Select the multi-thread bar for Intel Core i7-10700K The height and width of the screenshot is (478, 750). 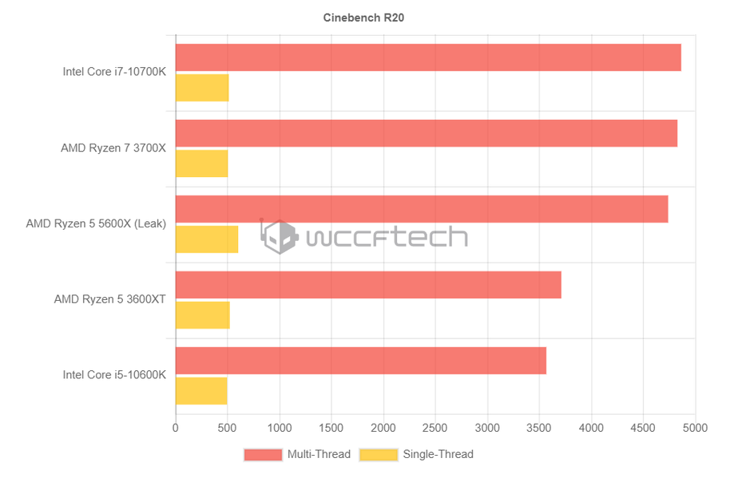(428, 57)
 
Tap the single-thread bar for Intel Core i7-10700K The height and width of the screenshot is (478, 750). (202, 88)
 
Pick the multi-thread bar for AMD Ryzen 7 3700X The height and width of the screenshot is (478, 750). (427, 133)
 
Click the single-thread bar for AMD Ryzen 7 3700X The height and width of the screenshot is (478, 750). (201, 164)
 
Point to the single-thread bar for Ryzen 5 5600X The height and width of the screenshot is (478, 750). (207, 239)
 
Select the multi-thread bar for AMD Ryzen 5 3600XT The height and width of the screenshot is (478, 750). (368, 285)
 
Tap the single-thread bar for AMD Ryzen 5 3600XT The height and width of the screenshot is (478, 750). (203, 315)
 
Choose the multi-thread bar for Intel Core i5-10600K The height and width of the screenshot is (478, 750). (361, 361)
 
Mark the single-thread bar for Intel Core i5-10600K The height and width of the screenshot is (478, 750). (201, 391)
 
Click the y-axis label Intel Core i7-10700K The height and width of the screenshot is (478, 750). (114, 72)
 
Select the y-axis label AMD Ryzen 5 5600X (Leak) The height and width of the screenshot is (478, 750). (96, 224)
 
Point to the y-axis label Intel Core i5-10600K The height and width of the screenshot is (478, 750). (114, 375)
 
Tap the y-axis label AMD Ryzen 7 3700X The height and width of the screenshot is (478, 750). (113, 148)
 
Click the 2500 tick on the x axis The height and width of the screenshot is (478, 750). (435, 428)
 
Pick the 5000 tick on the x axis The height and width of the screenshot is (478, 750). (695, 428)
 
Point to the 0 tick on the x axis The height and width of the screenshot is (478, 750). (176, 428)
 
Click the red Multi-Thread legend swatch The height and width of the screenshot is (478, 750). (263, 455)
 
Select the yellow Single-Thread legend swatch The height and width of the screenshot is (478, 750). (379, 455)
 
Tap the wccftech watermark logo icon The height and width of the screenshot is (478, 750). (279, 237)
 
